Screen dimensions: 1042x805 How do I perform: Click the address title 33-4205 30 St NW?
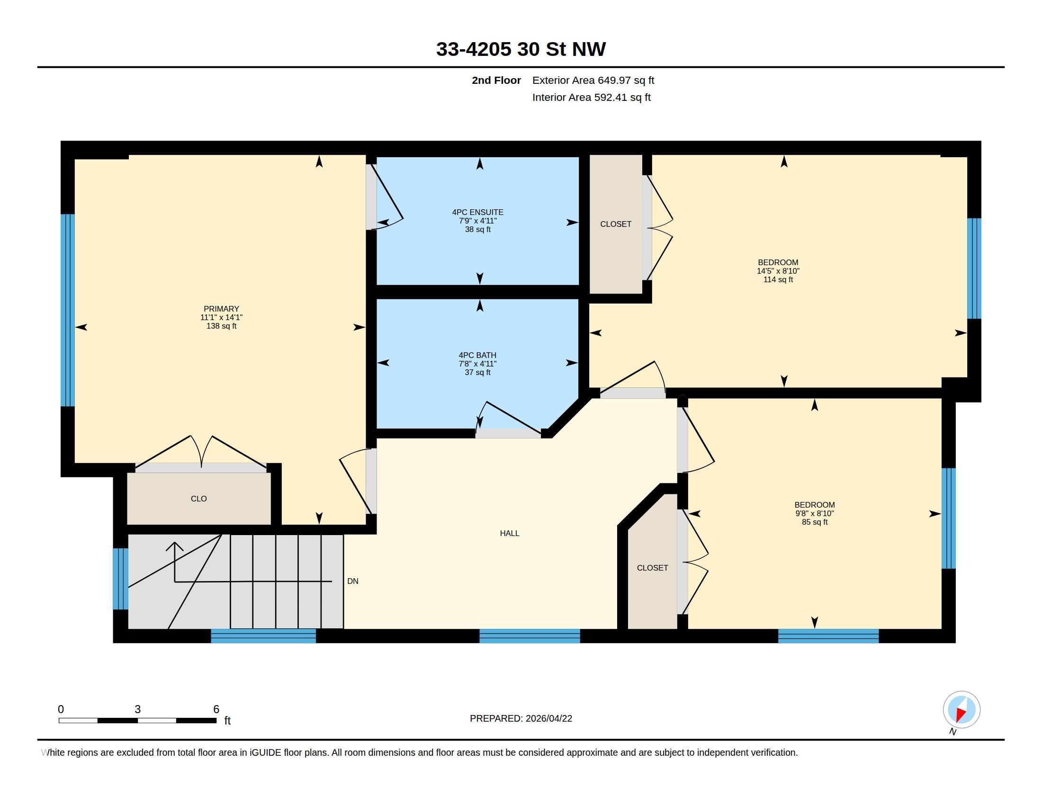(521, 49)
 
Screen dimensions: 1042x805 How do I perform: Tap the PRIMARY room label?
(221, 309)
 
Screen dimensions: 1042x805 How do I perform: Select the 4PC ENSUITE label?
(477, 212)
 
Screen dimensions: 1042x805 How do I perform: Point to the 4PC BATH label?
(477, 355)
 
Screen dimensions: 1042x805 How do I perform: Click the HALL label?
(510, 533)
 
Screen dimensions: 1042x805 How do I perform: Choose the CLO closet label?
(198, 499)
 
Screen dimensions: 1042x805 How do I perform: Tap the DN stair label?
(352, 581)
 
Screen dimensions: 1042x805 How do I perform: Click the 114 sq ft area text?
(778, 279)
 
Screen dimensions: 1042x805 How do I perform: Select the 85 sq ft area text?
(815, 522)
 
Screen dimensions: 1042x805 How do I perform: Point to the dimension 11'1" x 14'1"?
(221, 317)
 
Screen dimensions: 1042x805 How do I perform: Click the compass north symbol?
(961, 710)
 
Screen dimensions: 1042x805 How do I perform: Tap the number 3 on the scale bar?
(137, 709)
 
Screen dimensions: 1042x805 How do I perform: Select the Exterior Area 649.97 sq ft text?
(593, 80)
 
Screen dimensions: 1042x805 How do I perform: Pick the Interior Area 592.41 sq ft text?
(591, 97)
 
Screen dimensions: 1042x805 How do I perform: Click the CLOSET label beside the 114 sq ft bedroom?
(615, 224)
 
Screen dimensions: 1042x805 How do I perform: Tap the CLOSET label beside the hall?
(652, 567)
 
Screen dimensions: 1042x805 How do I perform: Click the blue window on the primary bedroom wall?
(68, 311)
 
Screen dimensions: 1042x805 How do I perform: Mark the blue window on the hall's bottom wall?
(530, 636)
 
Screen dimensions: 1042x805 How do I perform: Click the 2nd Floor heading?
(496, 80)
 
